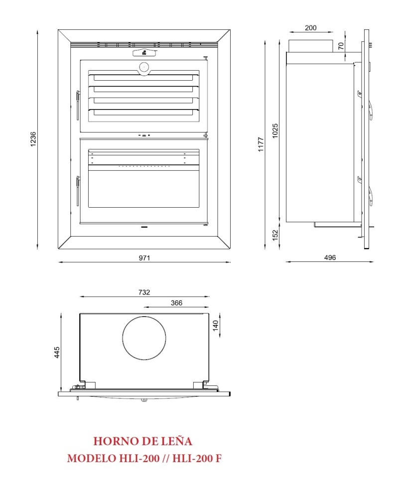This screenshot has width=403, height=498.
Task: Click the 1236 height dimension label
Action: pos(33,139)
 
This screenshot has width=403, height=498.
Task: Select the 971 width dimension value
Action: pos(144,257)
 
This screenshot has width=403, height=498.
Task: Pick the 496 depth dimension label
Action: pos(330,257)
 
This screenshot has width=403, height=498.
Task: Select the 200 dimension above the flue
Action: pos(310,28)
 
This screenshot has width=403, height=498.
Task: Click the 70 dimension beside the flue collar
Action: pos(341,46)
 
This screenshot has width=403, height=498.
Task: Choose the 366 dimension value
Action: pos(176,303)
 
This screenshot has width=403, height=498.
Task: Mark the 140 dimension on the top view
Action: pos(216,326)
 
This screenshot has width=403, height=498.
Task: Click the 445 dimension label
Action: pos(57,353)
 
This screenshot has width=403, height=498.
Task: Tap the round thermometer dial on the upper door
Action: pos(144,67)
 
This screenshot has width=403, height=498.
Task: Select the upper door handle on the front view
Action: pos(78,105)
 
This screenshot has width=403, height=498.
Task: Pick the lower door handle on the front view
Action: pos(78,191)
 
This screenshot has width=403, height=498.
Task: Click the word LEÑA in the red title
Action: pos(177,441)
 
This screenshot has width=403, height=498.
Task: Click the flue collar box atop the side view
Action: pos(310,45)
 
